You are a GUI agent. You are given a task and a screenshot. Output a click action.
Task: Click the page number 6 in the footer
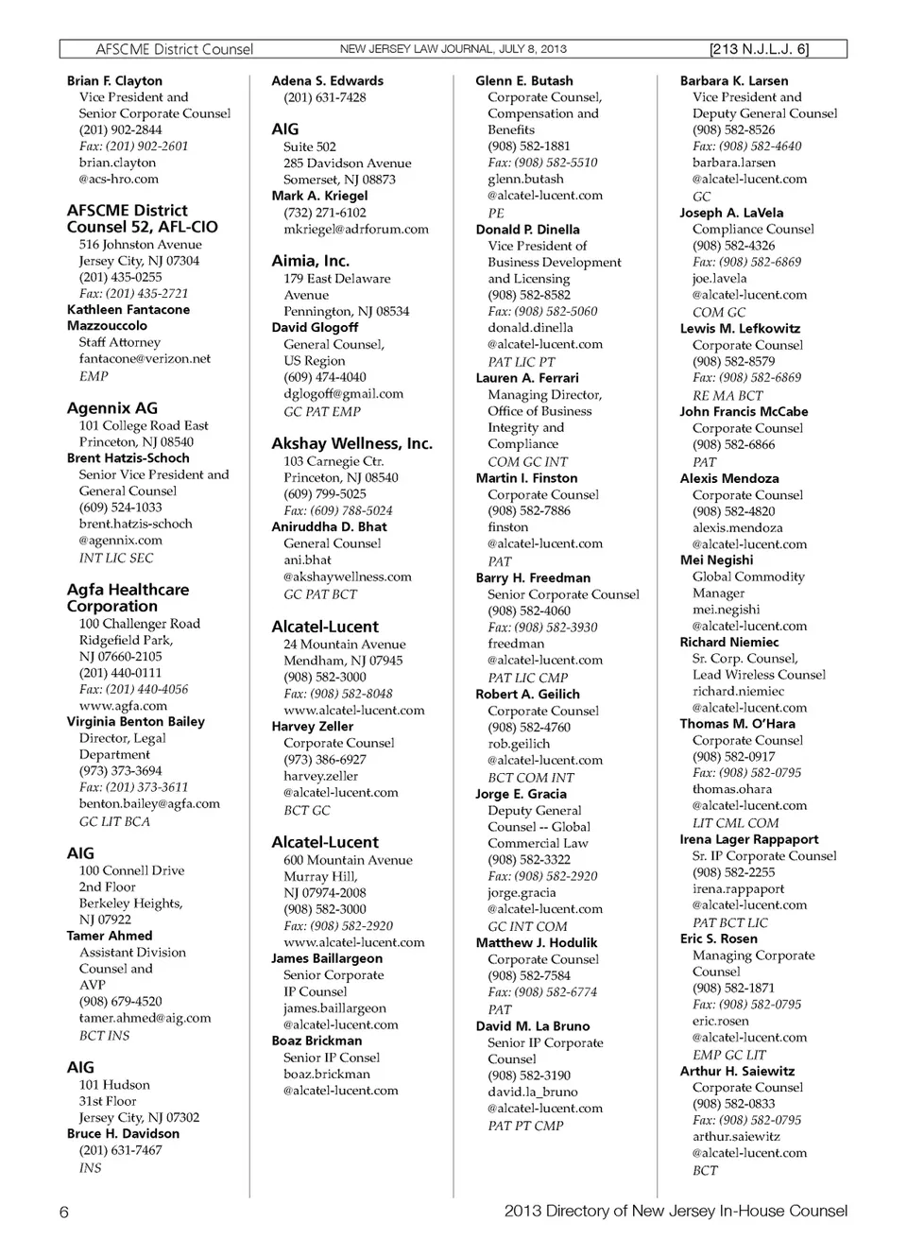[64, 1213]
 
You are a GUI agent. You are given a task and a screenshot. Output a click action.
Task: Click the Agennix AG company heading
[112, 408]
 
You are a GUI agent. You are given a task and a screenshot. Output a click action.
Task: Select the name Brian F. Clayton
[114, 81]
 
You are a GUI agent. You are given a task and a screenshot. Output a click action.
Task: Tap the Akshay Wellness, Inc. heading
[351, 443]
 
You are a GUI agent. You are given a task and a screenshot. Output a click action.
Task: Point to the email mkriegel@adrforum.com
[355, 230]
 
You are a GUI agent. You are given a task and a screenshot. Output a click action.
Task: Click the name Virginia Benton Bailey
[136, 721]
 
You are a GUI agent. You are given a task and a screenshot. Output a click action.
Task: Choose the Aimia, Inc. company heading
[310, 261]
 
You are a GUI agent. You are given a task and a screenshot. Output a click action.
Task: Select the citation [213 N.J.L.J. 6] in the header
[759, 49]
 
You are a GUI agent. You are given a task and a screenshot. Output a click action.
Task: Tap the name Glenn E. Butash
[523, 81]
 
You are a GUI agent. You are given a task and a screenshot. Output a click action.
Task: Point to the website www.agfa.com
[123, 705]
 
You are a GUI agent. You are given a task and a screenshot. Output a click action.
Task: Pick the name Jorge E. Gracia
[521, 794]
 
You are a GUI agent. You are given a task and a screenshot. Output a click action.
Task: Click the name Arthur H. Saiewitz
[737, 1071]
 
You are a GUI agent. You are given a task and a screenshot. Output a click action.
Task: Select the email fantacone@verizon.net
[145, 359]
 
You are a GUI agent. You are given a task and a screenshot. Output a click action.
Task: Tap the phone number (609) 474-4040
[324, 377]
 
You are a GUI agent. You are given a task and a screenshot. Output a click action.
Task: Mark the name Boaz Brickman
[317, 1041]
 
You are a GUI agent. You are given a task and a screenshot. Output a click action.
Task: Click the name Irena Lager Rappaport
[748, 839]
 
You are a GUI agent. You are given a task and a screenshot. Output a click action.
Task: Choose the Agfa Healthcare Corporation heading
[128, 597]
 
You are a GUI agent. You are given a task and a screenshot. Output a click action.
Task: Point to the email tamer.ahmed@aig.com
[145, 1018]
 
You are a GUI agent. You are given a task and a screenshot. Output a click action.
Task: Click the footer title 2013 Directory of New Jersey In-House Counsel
[676, 1211]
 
